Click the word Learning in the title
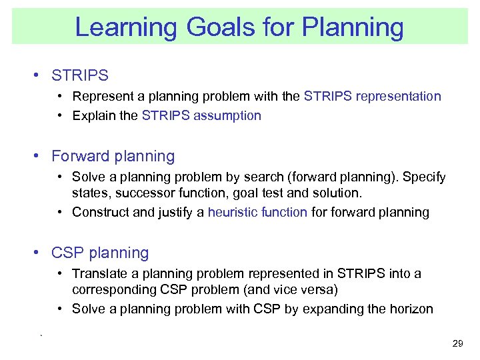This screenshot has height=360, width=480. [x=126, y=27]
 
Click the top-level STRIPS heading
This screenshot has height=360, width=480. [x=80, y=76]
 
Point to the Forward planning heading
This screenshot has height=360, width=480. [x=113, y=157]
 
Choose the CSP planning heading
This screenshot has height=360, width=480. [x=100, y=253]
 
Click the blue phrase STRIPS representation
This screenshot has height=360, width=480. [x=372, y=97]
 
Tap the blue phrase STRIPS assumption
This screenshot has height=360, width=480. [x=201, y=116]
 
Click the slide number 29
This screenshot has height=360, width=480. [x=457, y=343]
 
